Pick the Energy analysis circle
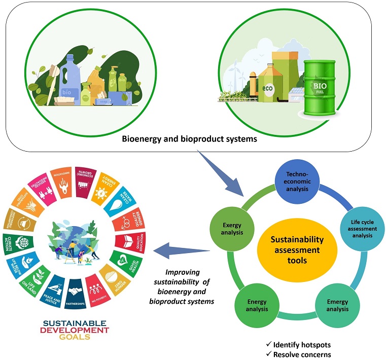coord(257,305)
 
